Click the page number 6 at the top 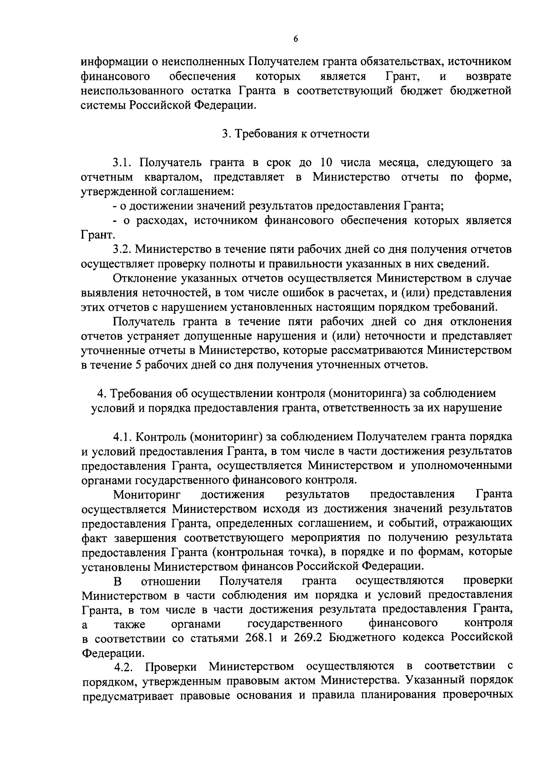[x=295, y=40]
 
